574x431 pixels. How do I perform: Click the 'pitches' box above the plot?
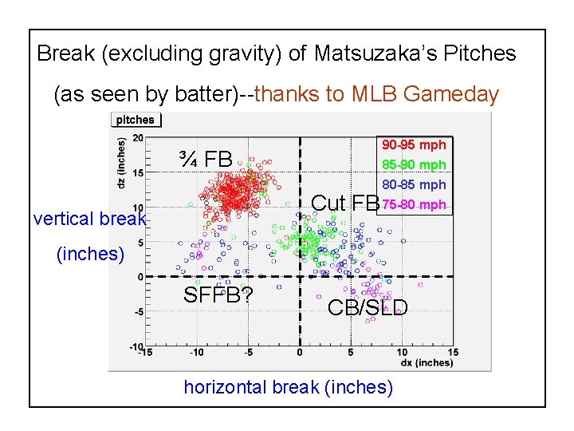136,120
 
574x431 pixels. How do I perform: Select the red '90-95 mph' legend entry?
414,145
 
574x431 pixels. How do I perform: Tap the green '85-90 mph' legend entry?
414,165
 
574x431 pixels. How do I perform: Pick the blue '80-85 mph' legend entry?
414,185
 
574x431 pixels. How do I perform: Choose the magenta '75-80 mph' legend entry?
414,205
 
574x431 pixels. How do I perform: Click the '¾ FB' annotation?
206,160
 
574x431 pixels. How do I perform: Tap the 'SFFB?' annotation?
218,295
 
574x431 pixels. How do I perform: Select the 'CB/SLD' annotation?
368,307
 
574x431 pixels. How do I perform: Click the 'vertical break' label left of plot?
90,219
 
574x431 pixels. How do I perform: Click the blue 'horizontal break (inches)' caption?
288,387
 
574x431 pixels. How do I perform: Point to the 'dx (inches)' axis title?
426,363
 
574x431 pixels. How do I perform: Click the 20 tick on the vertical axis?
137,138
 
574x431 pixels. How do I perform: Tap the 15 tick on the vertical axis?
137,172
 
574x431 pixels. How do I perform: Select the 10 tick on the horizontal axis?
402,353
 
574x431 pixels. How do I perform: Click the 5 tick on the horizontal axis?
351,353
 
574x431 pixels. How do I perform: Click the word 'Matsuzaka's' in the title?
369,54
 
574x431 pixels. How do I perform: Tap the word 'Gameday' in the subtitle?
451,95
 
